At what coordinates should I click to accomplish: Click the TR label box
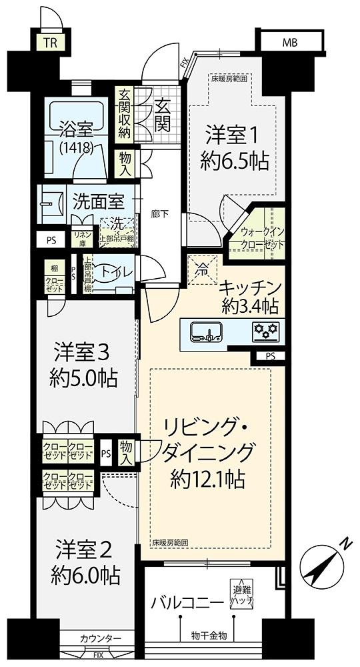50,44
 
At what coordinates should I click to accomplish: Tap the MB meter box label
289,43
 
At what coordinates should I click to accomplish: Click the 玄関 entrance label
163,114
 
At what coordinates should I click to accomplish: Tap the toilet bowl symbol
111,272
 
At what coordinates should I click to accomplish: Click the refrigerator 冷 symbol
201,269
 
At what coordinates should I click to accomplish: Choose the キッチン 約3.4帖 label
250,297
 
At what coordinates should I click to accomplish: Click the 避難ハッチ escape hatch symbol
241,592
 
